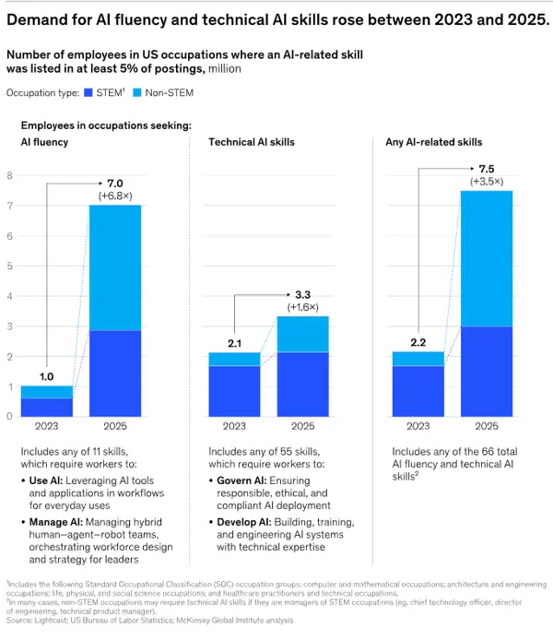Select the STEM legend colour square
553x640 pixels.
click(88, 93)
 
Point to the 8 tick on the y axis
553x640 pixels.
click(10, 175)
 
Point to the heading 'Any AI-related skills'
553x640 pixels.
click(433, 142)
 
